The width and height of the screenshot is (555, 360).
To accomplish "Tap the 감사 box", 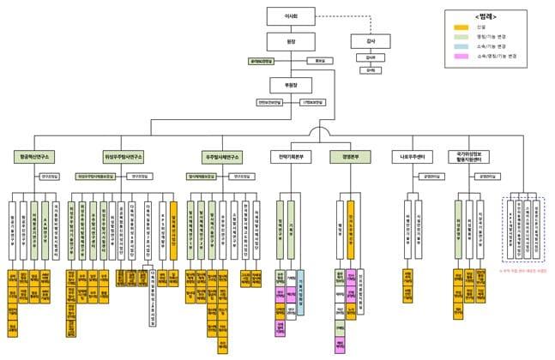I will (x=371, y=40).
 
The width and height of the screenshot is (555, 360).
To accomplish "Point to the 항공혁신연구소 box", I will (x=35, y=158).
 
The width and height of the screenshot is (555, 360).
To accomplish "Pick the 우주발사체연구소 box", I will (x=223, y=158).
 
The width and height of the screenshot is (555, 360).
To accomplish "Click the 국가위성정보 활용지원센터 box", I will (x=469, y=158).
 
